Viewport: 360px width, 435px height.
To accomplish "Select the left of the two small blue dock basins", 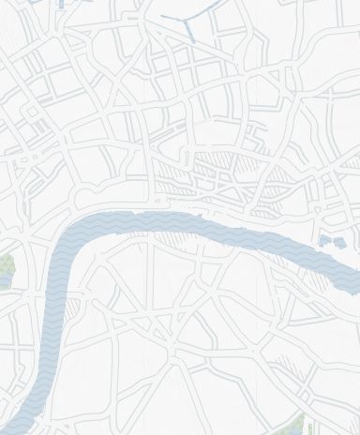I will (324, 241).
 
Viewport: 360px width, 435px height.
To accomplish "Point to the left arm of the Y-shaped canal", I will (173, 18).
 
